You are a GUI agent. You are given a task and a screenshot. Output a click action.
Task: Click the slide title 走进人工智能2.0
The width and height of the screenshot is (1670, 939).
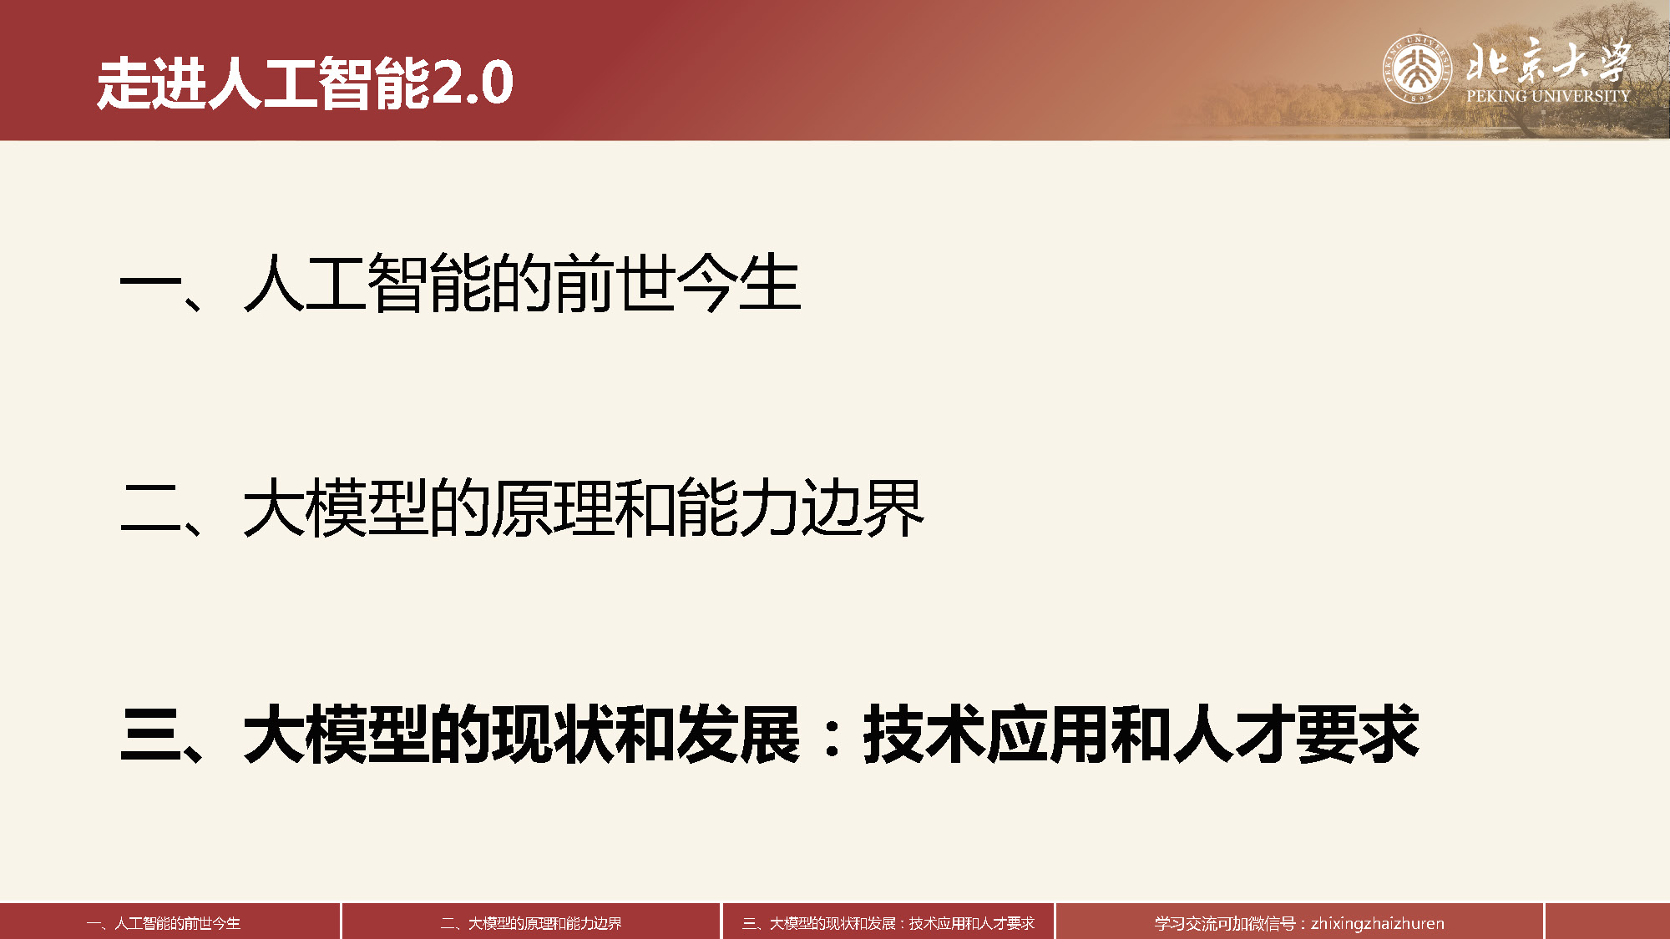pos(305,83)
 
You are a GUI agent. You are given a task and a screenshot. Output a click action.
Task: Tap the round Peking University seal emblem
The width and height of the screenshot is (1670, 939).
pos(1417,68)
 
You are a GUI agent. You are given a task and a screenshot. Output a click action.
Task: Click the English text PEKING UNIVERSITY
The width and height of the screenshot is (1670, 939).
pos(1548,96)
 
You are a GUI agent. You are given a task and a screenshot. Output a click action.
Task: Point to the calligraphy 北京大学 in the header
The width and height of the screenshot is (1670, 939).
pos(1548,60)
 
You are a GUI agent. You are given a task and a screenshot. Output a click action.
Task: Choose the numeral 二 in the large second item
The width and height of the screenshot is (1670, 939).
pos(151,508)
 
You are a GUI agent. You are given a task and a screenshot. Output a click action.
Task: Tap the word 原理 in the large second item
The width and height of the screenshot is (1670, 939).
pos(553,508)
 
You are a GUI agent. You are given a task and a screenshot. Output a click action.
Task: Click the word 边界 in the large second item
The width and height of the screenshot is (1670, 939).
pos(863,508)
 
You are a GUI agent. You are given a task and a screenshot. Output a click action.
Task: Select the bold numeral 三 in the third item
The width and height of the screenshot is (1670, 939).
pos(151,735)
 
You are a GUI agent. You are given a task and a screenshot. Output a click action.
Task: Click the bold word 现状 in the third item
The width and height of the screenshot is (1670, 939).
pos(553,735)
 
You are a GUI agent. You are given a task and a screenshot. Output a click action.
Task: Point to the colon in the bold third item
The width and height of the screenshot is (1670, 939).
pos(832,735)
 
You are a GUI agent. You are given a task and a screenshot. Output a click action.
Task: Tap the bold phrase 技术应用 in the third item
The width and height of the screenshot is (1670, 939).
pos(987,735)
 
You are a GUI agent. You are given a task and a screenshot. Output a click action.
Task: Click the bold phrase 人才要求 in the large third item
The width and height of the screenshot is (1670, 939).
pos(1296,735)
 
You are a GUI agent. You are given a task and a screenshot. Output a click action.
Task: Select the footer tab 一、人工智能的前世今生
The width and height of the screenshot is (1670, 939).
pos(164,923)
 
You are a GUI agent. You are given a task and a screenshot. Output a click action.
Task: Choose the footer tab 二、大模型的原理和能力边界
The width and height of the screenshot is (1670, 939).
pos(531,923)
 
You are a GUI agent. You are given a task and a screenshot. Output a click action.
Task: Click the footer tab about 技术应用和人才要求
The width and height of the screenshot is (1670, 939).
pos(888,923)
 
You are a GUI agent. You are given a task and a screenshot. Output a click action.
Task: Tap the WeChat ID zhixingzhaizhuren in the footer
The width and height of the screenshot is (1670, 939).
pos(1378,924)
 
